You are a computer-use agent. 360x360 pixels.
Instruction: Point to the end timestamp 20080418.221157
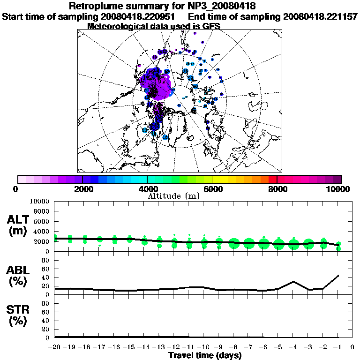click(320, 17)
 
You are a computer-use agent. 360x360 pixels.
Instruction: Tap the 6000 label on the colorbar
click(213, 189)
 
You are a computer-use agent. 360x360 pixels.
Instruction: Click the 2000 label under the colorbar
click(82, 189)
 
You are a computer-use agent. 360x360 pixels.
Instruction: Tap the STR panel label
click(19, 315)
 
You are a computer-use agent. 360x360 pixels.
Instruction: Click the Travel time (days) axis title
click(205, 356)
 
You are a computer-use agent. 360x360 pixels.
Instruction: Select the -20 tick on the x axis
click(55, 347)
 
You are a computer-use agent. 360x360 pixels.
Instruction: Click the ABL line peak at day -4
click(293, 282)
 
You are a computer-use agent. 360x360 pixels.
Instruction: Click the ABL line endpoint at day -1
click(338, 276)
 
